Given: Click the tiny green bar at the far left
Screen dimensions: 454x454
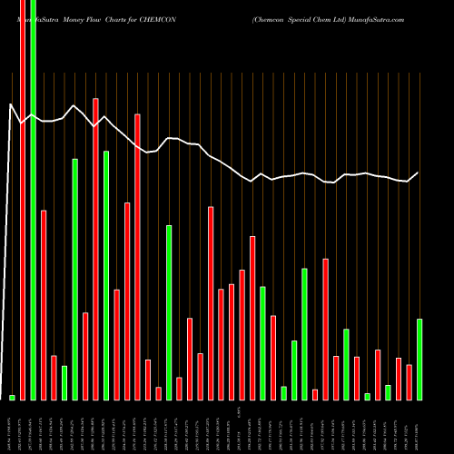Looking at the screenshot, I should (x=12, y=397).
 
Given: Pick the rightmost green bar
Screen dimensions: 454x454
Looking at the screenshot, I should (x=419, y=359).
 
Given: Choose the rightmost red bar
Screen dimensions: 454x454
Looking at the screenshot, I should (x=409, y=381).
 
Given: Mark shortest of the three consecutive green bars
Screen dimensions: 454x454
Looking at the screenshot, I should (x=283, y=392).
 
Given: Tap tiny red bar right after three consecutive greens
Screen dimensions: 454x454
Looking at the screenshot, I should (x=315, y=394).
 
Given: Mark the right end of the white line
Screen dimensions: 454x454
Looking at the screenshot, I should (x=419, y=173).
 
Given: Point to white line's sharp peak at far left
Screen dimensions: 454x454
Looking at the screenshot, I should (x=12, y=105).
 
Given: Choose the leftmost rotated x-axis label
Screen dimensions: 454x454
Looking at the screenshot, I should (x=12, y=427).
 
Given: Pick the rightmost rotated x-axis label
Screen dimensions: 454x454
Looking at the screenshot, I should (x=419, y=427).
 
